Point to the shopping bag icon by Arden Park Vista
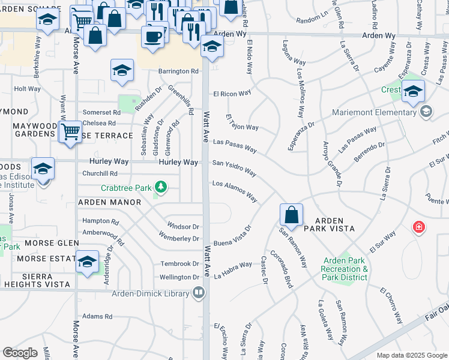pyautogui.click(x=291, y=215)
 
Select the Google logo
pyautogui.click(x=20, y=353)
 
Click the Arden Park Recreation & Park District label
pyautogui.click(x=345, y=269)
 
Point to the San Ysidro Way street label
pyautogui.click(x=235, y=167)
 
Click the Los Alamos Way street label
pyautogui.click(x=235, y=190)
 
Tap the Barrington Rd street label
pyautogui.click(x=178, y=71)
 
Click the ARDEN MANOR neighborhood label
pyautogui.click(x=109, y=202)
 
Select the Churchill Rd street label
pyautogui.click(x=100, y=173)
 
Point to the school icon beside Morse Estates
pyautogui.click(x=88, y=262)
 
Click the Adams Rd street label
pyautogui.click(x=97, y=316)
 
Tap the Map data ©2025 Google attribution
pyautogui.click(x=411, y=355)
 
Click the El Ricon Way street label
pyautogui.click(x=232, y=94)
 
